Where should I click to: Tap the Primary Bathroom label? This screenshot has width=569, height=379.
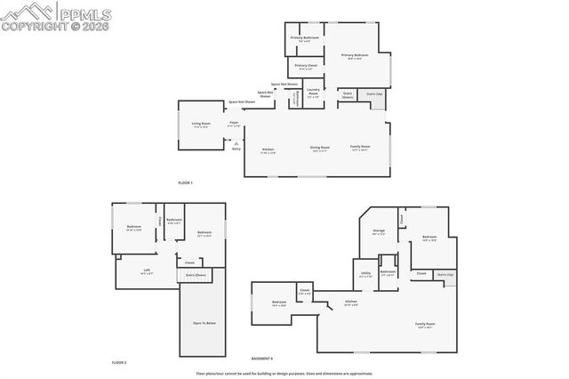pyautogui.click(x=305, y=39)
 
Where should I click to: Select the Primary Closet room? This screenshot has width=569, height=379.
pyautogui.click(x=305, y=67)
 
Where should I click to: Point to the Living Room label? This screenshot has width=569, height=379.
pyautogui.click(x=201, y=125)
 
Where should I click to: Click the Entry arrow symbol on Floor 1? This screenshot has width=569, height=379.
pyautogui.click(x=236, y=141)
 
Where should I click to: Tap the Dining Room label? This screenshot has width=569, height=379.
pyautogui.click(x=320, y=148)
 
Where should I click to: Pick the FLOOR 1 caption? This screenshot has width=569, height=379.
pyautogui.click(x=185, y=182)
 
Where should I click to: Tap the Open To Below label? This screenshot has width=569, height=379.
pyautogui.click(x=204, y=323)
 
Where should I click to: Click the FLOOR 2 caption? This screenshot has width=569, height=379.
pyautogui.click(x=119, y=363)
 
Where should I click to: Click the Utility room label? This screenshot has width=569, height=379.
pyautogui.click(x=365, y=274)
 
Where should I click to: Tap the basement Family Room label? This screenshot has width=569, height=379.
pyautogui.click(x=425, y=325)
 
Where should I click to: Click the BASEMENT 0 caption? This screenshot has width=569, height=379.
pyautogui.click(x=261, y=358)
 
